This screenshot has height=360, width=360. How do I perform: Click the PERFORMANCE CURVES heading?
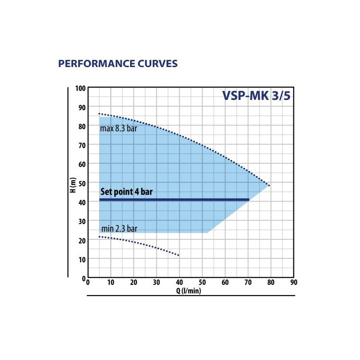tap(118, 63)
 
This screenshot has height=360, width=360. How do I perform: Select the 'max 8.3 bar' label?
tap(118, 129)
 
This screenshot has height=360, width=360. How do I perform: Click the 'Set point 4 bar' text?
tap(126, 192)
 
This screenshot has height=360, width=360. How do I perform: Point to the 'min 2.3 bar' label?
tap(119, 229)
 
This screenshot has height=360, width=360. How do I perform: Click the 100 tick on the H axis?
tap(80, 88)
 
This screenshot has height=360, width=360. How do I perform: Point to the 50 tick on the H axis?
tap(81, 183)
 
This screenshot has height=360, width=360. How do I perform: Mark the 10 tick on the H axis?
tap(81, 259)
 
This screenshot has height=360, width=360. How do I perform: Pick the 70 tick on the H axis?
tap(81, 145)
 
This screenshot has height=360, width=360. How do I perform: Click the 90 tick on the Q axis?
tap(293, 283)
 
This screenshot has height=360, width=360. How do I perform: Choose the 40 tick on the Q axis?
tap(179, 283)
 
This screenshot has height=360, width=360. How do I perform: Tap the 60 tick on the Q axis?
tap(225, 283)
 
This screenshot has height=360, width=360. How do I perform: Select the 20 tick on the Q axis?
tap(133, 283)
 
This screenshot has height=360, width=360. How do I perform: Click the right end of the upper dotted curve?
tap(269, 185)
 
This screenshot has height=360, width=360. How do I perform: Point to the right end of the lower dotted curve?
tap(179, 256)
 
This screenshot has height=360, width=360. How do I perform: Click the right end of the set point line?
tap(248, 199)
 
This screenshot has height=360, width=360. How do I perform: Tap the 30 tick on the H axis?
tap(81, 221)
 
